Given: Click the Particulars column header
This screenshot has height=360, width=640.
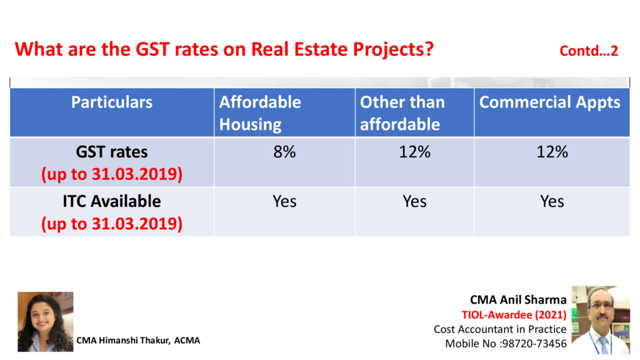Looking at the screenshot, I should pyautogui.click(x=112, y=102).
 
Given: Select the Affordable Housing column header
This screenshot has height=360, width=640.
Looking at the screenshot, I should pyautogui.click(x=260, y=113).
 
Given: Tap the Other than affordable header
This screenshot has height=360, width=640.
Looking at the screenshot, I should pyautogui.click(x=402, y=113).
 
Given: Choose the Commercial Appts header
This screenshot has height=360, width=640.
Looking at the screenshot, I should pyautogui.click(x=549, y=102).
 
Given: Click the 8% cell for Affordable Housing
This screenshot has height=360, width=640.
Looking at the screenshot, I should pyautogui.click(x=284, y=151).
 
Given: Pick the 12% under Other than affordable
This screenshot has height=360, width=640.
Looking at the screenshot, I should pyautogui.click(x=414, y=151).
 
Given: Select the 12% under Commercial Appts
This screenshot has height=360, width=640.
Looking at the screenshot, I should pyautogui.click(x=552, y=151).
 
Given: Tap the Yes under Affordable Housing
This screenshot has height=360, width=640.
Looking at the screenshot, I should pyautogui.click(x=284, y=201).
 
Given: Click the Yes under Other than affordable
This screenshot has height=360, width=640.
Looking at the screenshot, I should pyautogui.click(x=414, y=201).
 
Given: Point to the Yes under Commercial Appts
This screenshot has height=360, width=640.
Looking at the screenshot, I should pyautogui.click(x=552, y=201).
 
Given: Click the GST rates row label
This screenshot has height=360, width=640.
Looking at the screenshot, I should pyautogui.click(x=112, y=152).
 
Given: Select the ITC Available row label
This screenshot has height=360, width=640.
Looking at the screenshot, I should pyautogui.click(x=112, y=201).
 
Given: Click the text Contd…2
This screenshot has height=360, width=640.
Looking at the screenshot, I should pyautogui.click(x=589, y=51).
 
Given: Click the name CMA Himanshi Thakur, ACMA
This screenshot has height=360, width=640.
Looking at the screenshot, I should pyautogui.click(x=138, y=340).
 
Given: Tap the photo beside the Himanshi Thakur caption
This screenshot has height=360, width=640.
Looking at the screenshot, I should pyautogui.click(x=45, y=321).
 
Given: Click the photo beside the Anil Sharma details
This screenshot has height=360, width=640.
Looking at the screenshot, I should pyautogui.click(x=601, y=320).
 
